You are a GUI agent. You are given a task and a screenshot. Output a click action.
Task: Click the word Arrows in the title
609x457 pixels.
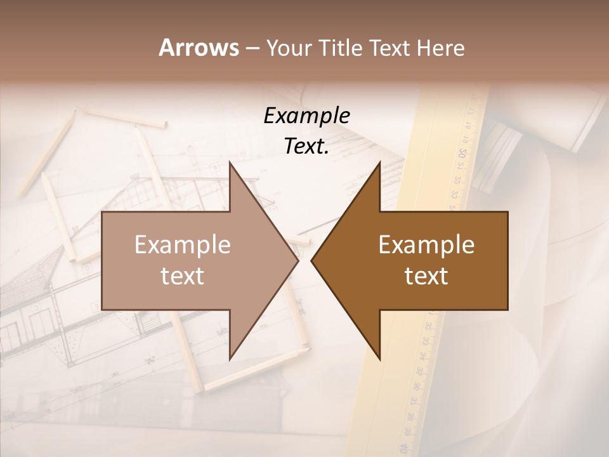(199, 47)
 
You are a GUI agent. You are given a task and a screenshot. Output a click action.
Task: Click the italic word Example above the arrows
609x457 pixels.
(306, 116)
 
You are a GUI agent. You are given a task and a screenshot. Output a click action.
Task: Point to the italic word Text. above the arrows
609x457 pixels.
(306, 146)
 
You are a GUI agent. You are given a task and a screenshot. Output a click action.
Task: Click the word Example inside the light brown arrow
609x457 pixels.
(183, 245)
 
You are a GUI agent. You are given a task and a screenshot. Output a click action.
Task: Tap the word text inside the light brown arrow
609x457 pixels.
(183, 275)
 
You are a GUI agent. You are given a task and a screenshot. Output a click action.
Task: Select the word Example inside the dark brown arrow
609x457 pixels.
(426, 245)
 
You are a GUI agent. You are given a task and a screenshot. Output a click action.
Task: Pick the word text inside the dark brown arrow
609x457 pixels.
(426, 275)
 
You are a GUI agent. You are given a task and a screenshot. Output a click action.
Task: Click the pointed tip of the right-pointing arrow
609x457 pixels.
(298, 260)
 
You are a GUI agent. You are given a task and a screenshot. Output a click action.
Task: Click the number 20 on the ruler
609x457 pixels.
(462, 153)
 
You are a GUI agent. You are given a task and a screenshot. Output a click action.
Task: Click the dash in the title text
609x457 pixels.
(251, 48)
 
